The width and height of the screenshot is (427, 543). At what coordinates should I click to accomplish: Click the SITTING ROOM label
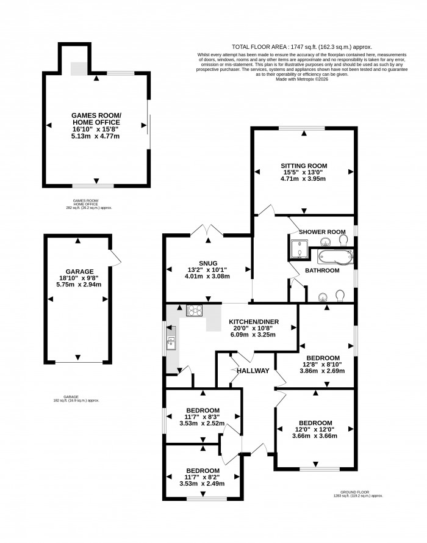click(304, 166)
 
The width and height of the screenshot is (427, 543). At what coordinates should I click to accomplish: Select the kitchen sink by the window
click(171, 343)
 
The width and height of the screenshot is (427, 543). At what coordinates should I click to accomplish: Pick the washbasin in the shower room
click(324, 241)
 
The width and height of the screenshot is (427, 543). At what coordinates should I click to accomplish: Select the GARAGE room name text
click(79, 272)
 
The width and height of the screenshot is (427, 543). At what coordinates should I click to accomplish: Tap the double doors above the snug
click(207, 231)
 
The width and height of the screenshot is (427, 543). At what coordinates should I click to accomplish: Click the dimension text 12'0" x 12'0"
click(315, 429)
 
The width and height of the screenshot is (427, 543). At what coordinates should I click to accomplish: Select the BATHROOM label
click(322, 271)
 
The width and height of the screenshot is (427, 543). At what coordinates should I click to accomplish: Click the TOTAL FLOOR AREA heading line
click(302, 47)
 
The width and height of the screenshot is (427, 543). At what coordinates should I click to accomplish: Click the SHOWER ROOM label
click(322, 232)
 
